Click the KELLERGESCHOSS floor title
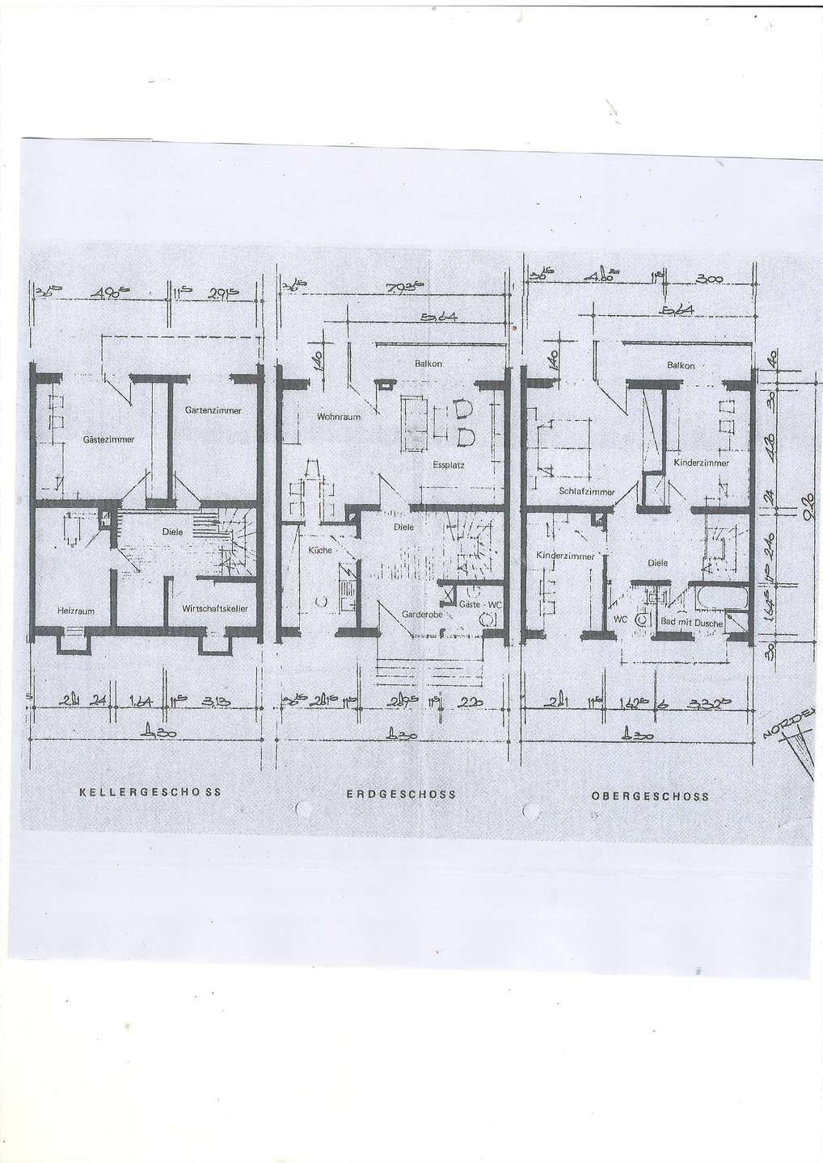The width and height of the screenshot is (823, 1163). tap(150, 792)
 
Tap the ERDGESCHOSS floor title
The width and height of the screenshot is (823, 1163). tap(401, 793)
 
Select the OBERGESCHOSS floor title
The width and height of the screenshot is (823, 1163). tap(650, 795)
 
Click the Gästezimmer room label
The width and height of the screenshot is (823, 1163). tap(108, 439)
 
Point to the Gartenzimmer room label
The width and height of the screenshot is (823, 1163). tap(213, 410)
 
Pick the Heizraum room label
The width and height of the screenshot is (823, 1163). tap(75, 611)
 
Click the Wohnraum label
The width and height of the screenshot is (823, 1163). tap(338, 417)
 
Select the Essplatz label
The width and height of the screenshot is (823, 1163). tap(448, 466)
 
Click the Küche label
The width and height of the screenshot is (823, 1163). tap(320, 550)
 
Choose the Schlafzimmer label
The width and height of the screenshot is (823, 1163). tap(586, 491)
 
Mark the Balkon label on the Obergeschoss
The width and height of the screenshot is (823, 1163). tap(681, 366)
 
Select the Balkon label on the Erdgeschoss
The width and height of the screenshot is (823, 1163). tap(428, 364)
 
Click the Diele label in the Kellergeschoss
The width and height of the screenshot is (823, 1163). tap(172, 532)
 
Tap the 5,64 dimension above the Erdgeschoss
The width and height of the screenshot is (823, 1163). tap(441, 316)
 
